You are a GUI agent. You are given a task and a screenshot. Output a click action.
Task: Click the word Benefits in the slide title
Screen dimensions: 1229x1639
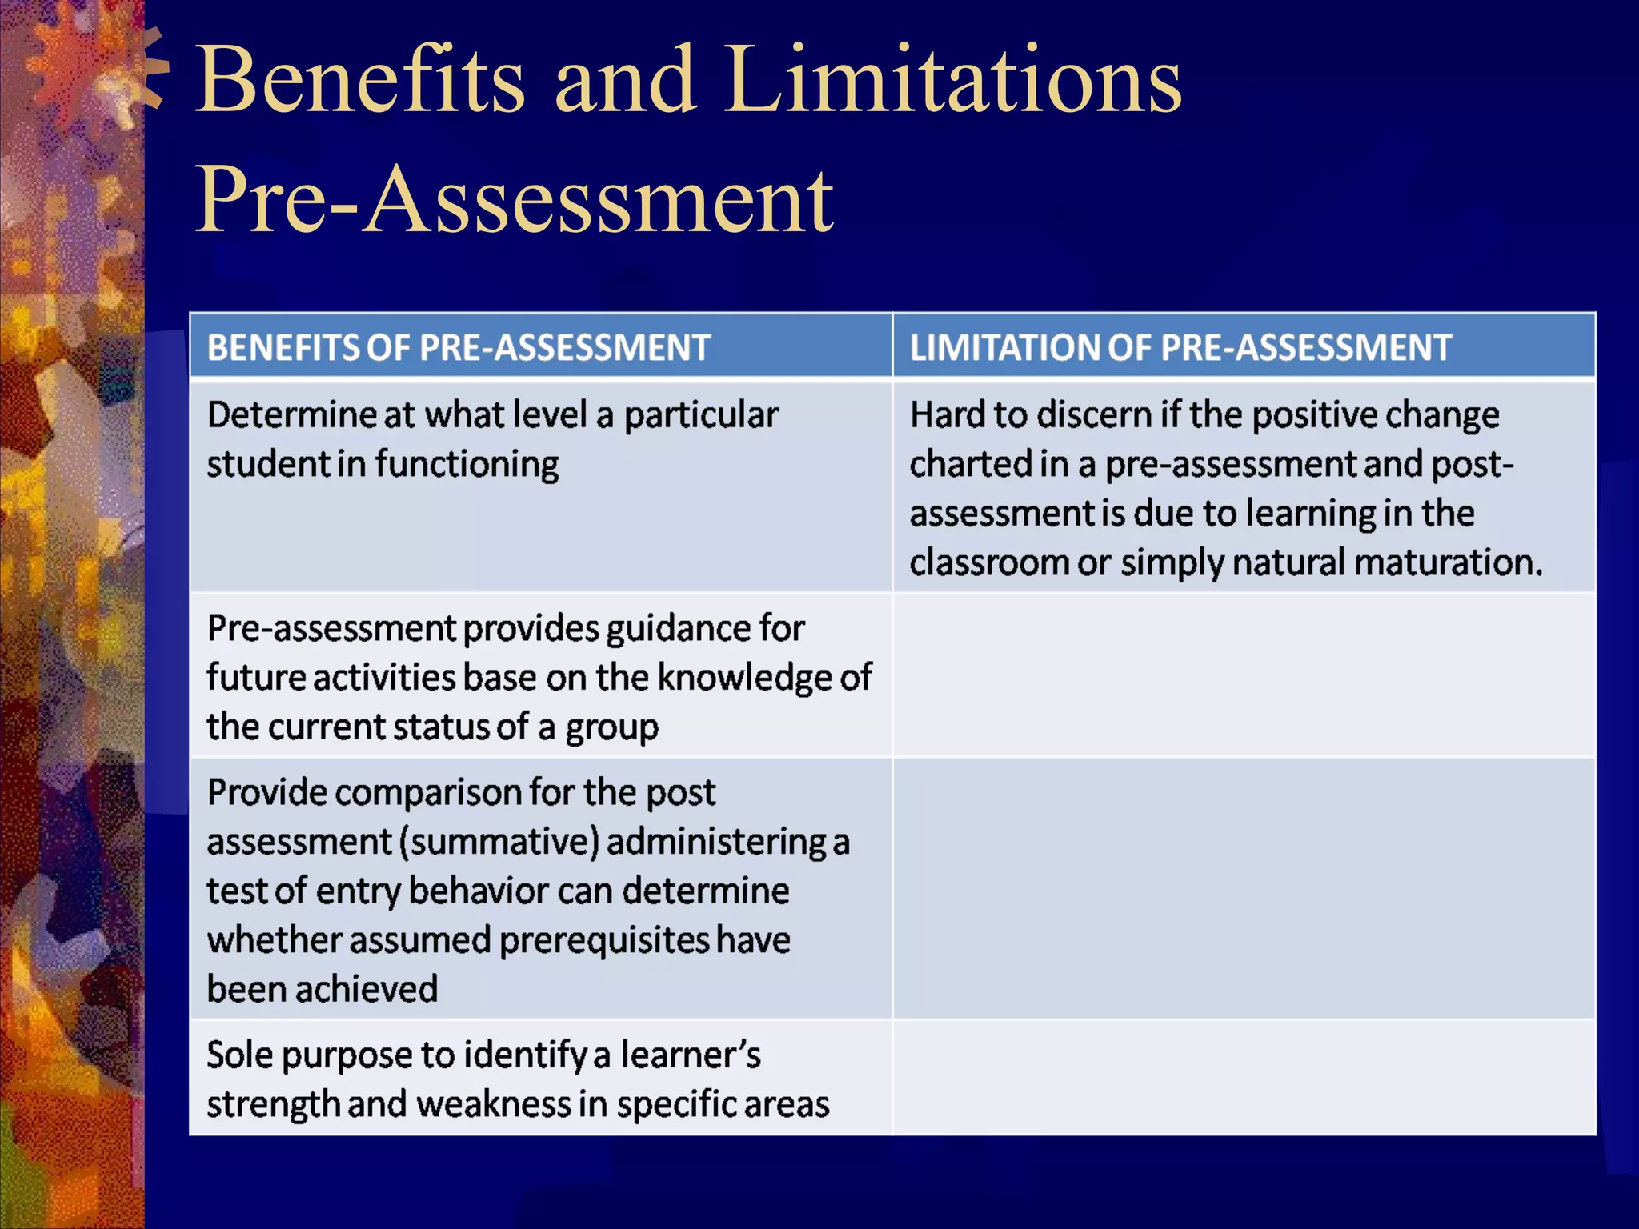click(360, 80)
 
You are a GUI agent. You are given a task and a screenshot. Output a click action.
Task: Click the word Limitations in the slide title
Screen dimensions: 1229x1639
click(952, 80)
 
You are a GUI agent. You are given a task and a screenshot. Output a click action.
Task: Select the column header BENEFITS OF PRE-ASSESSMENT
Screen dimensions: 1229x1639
click(459, 348)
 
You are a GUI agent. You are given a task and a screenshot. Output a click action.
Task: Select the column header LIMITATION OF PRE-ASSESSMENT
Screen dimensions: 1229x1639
click(1180, 348)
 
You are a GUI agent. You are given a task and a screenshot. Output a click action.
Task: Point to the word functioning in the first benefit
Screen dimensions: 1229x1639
click(467, 465)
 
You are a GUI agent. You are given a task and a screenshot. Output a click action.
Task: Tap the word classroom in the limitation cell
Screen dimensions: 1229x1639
click(988, 562)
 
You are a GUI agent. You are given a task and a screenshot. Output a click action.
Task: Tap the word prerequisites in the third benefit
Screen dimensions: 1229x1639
click(604, 940)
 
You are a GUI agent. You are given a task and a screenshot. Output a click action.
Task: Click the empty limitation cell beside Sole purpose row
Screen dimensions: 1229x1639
click(1243, 1078)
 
